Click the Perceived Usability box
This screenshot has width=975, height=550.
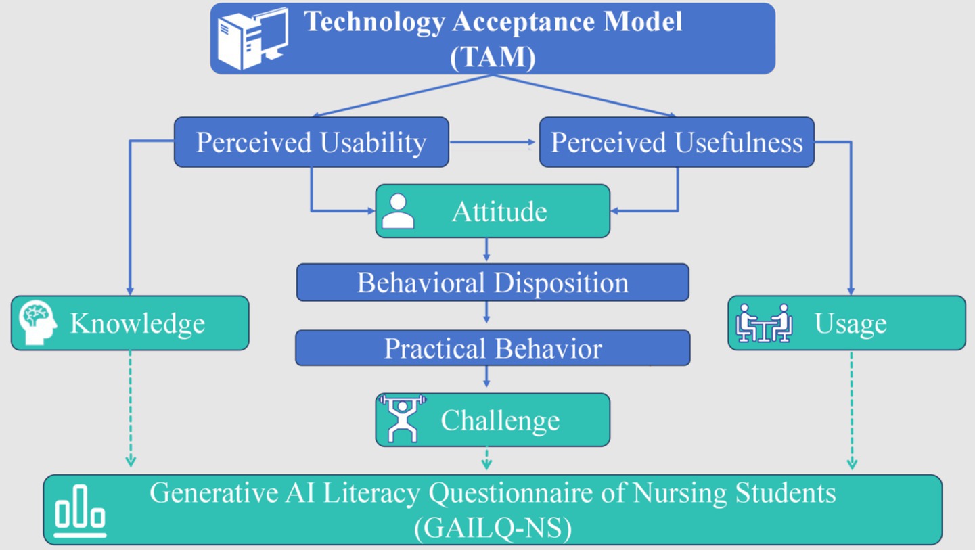click(x=311, y=142)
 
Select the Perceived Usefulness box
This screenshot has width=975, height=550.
click(x=677, y=142)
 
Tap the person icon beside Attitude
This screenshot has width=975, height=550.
click(x=398, y=212)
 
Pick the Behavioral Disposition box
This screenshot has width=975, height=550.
click(x=493, y=282)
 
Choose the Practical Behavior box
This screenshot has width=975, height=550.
click(x=493, y=348)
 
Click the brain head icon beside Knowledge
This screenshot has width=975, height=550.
click(x=38, y=323)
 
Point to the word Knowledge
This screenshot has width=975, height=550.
click(x=137, y=323)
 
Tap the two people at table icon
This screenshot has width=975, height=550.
click(x=764, y=323)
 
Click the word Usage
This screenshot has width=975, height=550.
click(x=851, y=323)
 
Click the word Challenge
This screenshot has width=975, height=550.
click(x=500, y=420)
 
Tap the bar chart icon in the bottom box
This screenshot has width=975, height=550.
click(x=80, y=512)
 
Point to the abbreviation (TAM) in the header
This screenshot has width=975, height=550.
click(x=493, y=58)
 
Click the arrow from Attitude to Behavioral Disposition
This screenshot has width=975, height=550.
click(x=486, y=250)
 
